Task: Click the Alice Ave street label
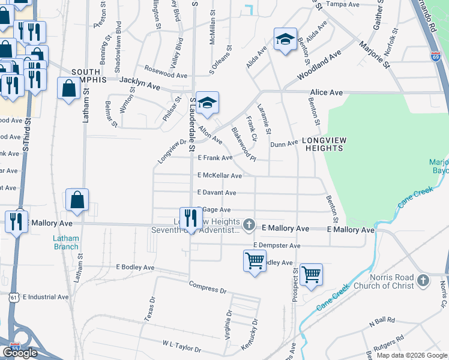tap(326, 92)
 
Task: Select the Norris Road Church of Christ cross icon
tap(423, 280)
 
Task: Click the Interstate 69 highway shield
tap(435, 56)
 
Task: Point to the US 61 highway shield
tap(14, 297)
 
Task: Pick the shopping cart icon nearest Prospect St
tap(311, 275)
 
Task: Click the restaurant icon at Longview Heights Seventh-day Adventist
tap(191, 218)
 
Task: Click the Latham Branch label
tap(66, 242)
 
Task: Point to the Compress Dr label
tap(207, 287)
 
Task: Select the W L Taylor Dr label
tap(181, 346)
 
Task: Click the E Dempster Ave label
tap(276, 245)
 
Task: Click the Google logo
tap(20, 353)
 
